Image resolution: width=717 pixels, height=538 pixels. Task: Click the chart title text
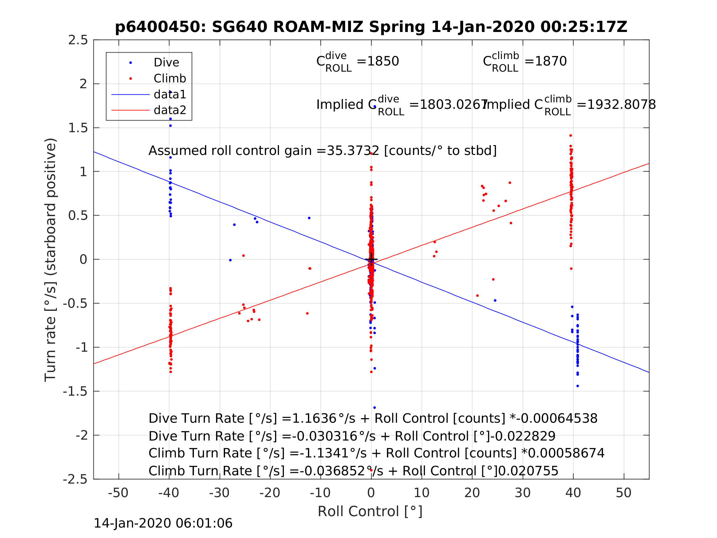[371, 27]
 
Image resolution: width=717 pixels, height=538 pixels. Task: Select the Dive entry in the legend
[166, 63]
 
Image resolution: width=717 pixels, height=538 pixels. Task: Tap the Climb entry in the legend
[170, 78]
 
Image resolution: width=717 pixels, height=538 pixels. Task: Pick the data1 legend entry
[170, 94]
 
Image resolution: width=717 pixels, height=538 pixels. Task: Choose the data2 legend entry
[170, 110]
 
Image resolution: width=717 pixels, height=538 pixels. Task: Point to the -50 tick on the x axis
[118, 493]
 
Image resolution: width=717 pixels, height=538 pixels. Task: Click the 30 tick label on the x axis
[522, 493]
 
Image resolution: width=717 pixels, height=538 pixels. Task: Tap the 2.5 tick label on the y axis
[78, 40]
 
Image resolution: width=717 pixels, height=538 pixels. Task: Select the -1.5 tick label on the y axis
[75, 391]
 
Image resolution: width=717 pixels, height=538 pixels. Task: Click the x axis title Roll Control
[370, 512]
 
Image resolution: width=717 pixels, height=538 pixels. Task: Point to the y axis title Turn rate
[51, 260]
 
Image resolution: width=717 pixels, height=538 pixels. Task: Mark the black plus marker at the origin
[371, 259]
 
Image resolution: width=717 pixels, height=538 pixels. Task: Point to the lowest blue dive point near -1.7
[374, 408]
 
